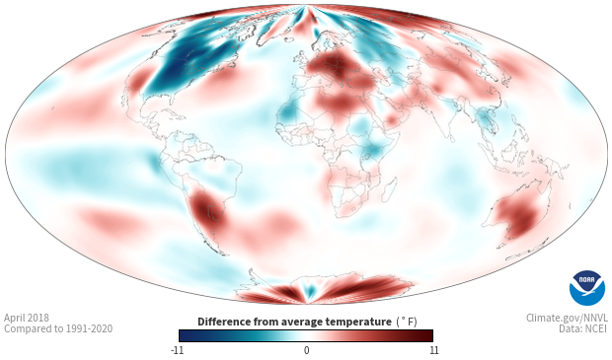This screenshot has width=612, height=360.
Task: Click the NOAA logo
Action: [x=587, y=288]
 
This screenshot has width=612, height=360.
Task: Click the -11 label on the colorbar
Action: [x=177, y=350]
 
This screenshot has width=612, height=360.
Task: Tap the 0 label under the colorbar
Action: [x=306, y=350]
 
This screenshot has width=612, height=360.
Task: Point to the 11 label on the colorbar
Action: [x=433, y=350]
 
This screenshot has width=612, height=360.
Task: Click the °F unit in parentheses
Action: [x=407, y=322]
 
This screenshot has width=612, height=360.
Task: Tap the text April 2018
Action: [x=27, y=319]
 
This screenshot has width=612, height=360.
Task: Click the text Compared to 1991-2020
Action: [x=58, y=328]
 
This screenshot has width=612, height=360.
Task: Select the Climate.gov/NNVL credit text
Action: [x=568, y=318]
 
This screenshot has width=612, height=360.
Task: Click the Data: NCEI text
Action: [x=583, y=328]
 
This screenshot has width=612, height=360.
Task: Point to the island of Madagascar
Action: [x=389, y=186]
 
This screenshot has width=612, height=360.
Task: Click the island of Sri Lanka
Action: [x=451, y=138]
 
